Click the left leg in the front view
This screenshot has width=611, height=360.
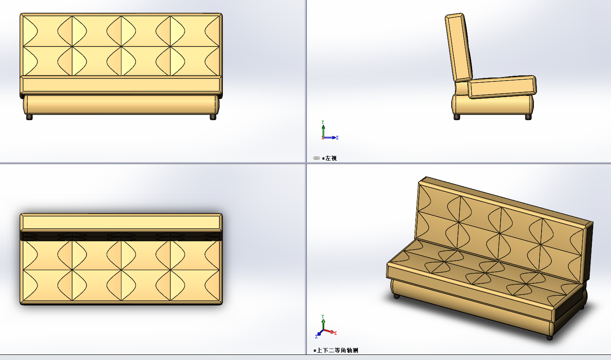[29, 117]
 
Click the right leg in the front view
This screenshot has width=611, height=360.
[213, 117]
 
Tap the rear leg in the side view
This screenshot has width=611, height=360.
[457, 117]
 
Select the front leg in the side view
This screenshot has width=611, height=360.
[528, 117]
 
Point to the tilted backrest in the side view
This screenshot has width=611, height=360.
[459, 47]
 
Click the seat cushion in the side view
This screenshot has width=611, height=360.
[502, 87]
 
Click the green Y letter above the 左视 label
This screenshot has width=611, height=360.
[323, 122]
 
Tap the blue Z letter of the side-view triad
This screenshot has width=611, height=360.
[337, 138]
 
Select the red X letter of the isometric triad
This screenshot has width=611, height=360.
[335, 333]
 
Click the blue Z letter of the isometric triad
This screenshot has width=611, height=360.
[317, 337]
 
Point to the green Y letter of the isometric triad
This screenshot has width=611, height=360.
[323, 317]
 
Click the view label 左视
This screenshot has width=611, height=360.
[331, 158]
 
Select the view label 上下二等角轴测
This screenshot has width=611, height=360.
[337, 351]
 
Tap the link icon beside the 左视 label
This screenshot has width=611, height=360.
[317, 158]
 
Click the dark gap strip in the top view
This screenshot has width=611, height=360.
[121, 236]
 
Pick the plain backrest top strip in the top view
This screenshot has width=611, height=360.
[121, 222]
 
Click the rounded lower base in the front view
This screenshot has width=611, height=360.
[121, 104]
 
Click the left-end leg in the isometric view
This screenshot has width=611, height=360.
[397, 296]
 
